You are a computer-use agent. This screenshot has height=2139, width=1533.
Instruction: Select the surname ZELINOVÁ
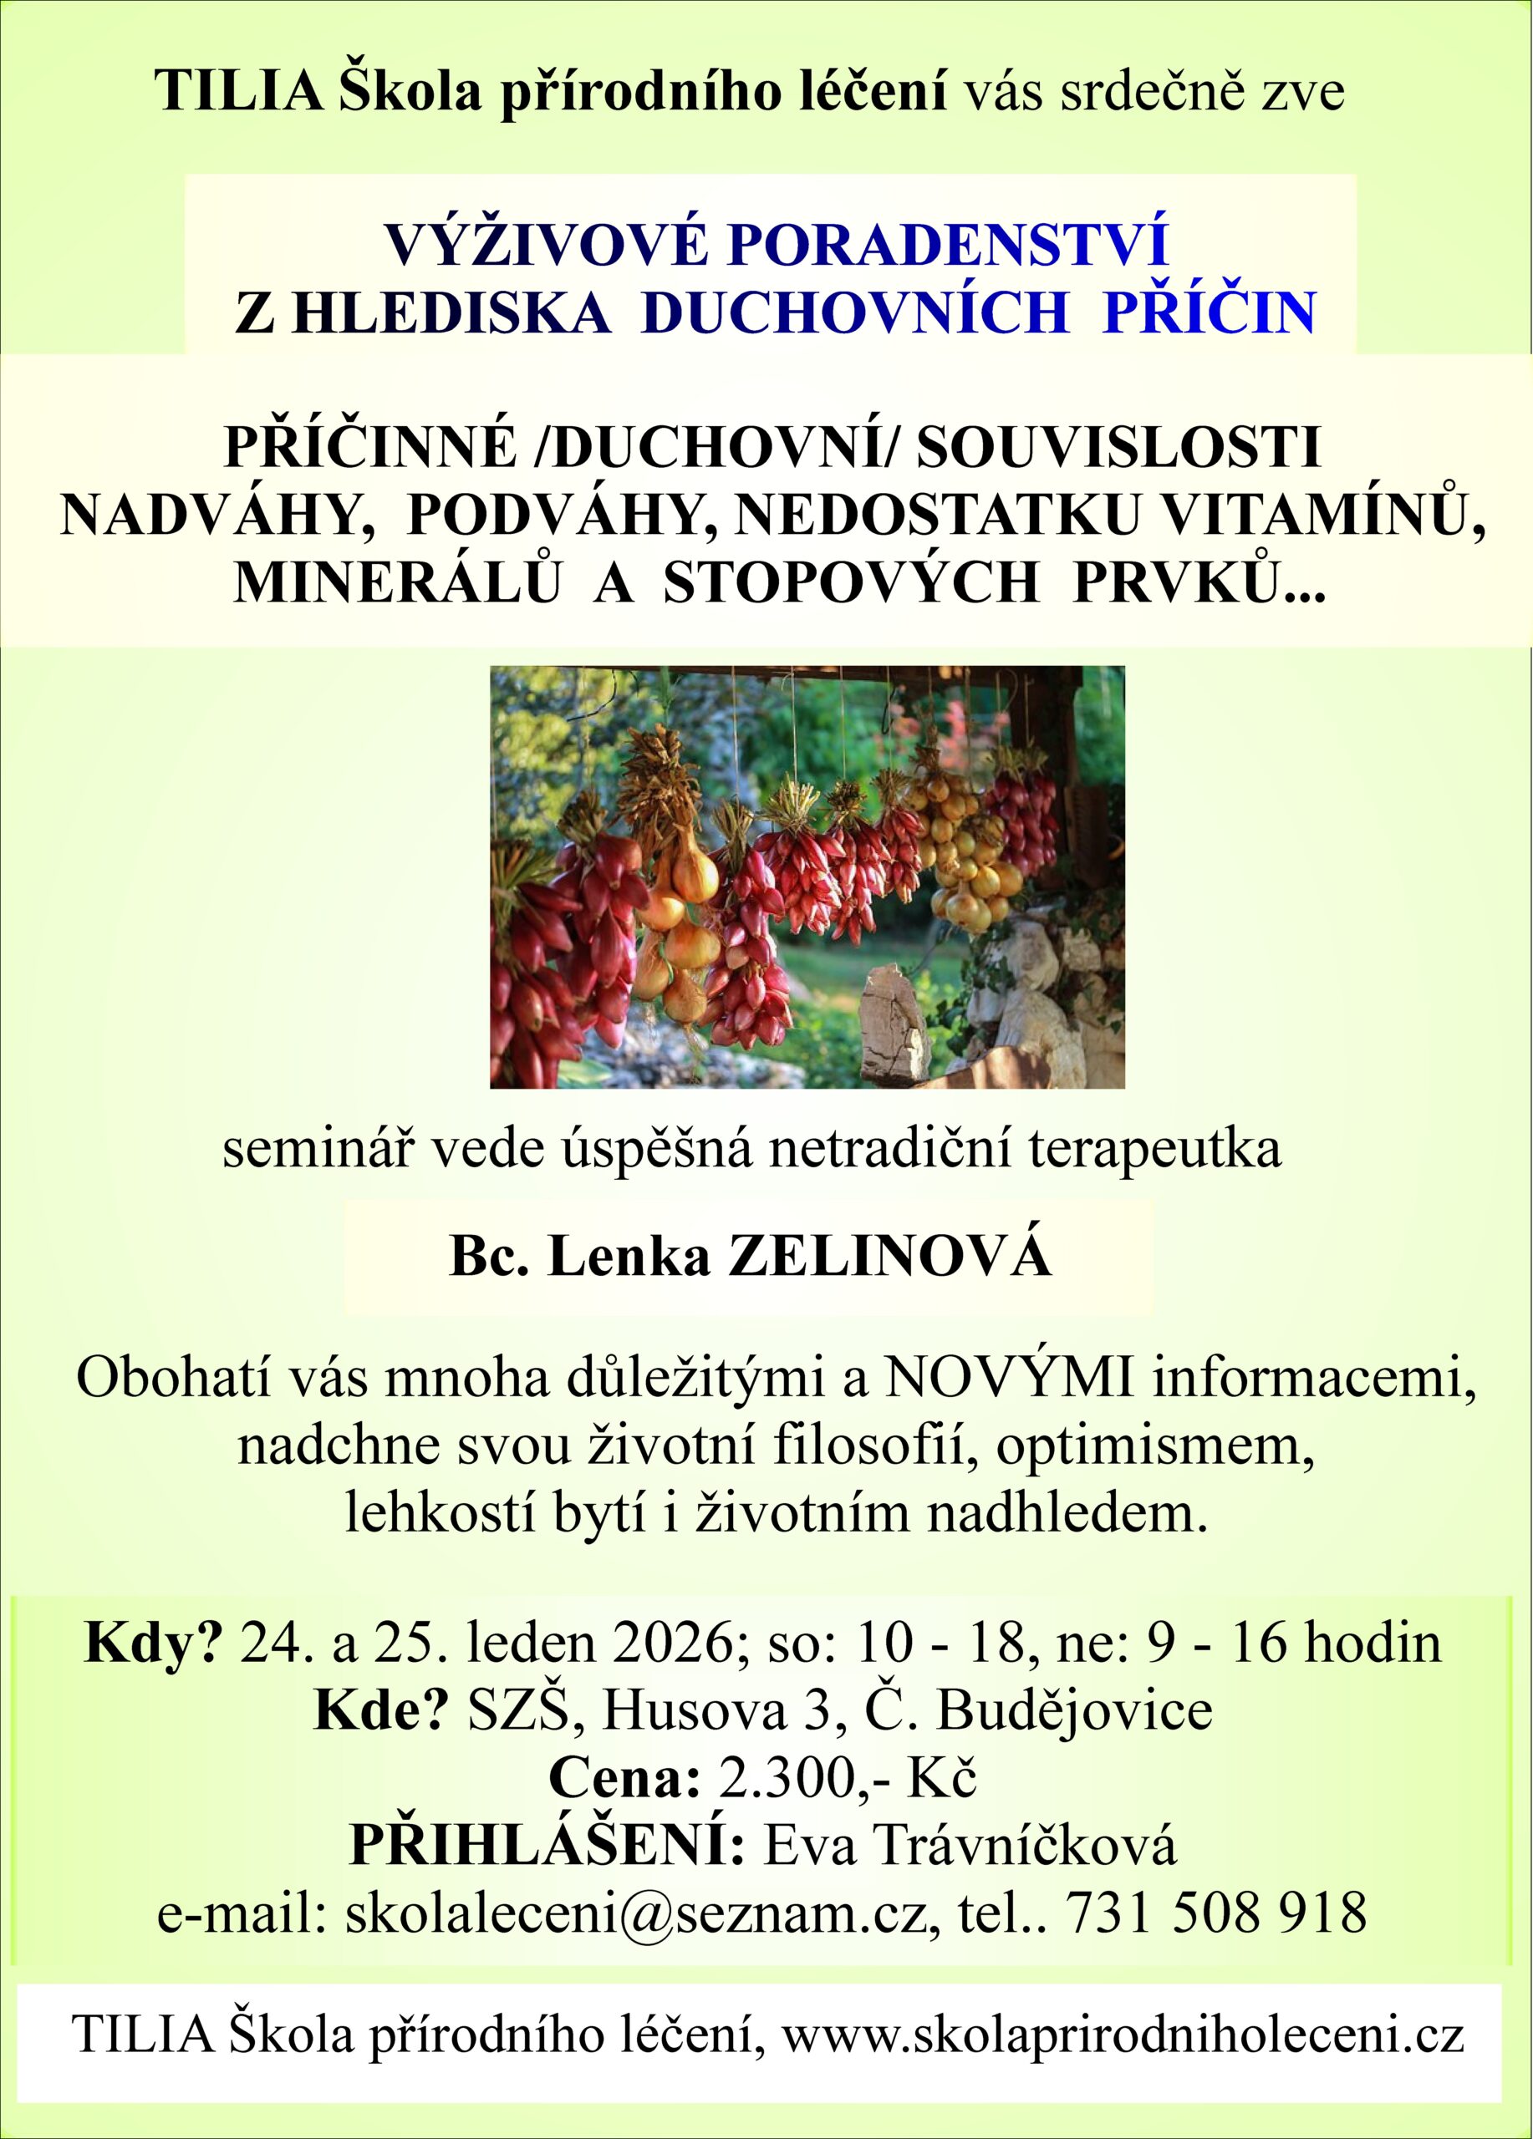[x=889, y=1257]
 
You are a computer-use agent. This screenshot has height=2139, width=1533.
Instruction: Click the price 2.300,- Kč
[x=846, y=1778]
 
